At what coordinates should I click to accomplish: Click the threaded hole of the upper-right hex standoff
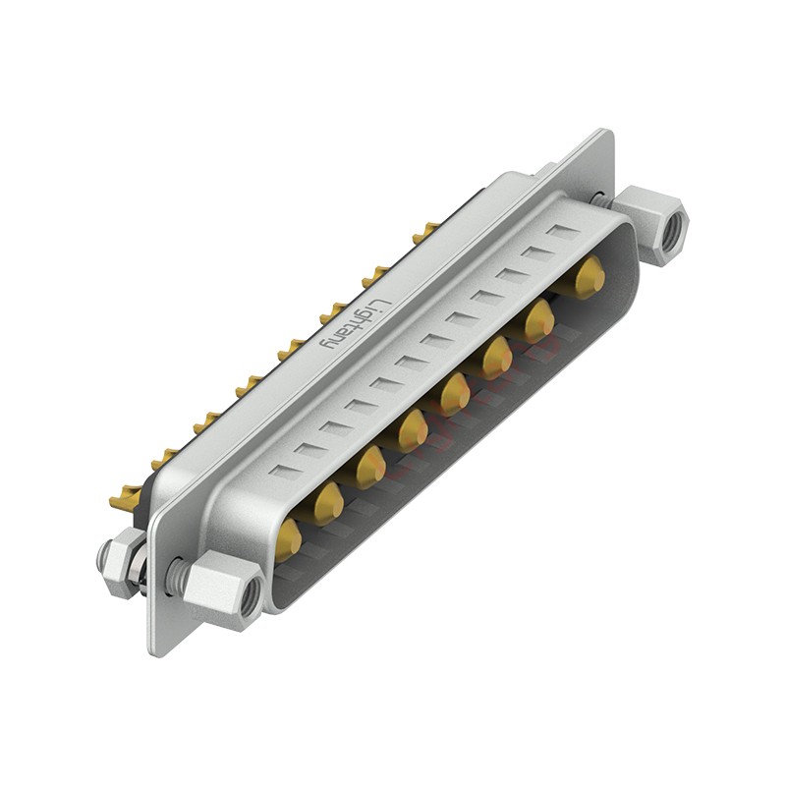674,228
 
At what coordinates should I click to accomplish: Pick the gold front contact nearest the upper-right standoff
589,277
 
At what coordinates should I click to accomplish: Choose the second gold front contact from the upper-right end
539,319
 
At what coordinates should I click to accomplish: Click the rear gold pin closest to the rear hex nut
124,501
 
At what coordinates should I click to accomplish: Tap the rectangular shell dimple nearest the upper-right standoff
564,233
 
